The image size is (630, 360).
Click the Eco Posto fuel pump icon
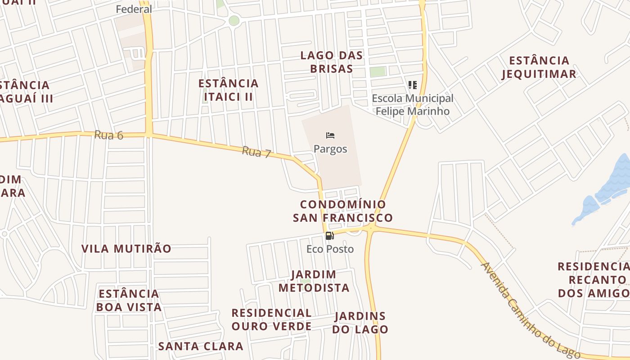click(329, 235)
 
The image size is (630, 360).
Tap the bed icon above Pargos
click(330, 135)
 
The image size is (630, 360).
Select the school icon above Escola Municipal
click(412, 85)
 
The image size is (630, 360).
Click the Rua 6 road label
click(108, 135)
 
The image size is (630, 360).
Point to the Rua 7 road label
click(256, 152)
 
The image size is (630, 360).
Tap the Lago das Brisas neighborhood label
click(332, 62)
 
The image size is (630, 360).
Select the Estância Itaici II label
click(229, 90)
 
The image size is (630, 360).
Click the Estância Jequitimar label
click(539, 67)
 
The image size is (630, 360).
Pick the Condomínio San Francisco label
click(342, 211)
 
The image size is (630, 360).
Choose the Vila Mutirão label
click(126, 248)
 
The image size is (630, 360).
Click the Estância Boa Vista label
click(129, 301)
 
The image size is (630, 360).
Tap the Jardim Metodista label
click(314, 281)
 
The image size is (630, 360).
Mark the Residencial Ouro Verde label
click(271, 319)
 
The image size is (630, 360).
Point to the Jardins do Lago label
click(360, 322)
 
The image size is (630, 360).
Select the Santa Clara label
click(201, 346)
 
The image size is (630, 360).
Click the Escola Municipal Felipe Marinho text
click(413, 104)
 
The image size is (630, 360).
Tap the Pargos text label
click(330, 149)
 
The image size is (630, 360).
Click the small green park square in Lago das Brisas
click(378, 71)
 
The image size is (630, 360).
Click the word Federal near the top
click(134, 9)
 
